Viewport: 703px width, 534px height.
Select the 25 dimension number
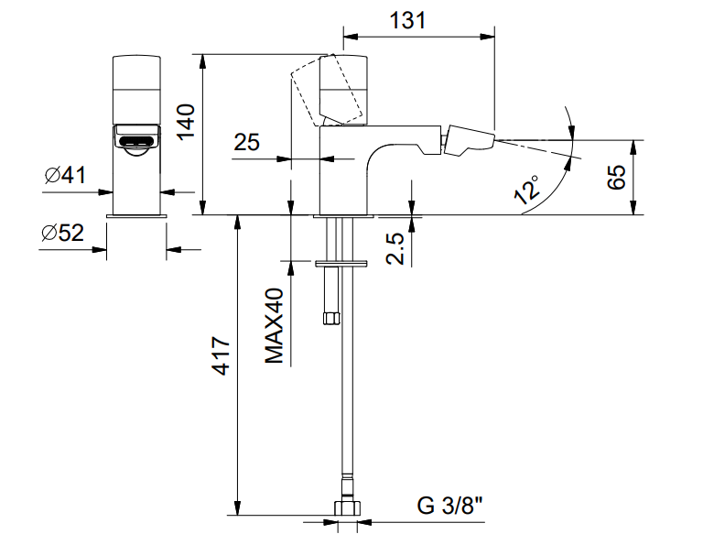(247, 142)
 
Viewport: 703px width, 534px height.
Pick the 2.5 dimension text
(395, 247)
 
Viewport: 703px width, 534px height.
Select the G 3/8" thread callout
(449, 506)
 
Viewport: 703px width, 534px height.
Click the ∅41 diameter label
(63, 175)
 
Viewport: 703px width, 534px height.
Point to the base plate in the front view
(136, 215)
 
